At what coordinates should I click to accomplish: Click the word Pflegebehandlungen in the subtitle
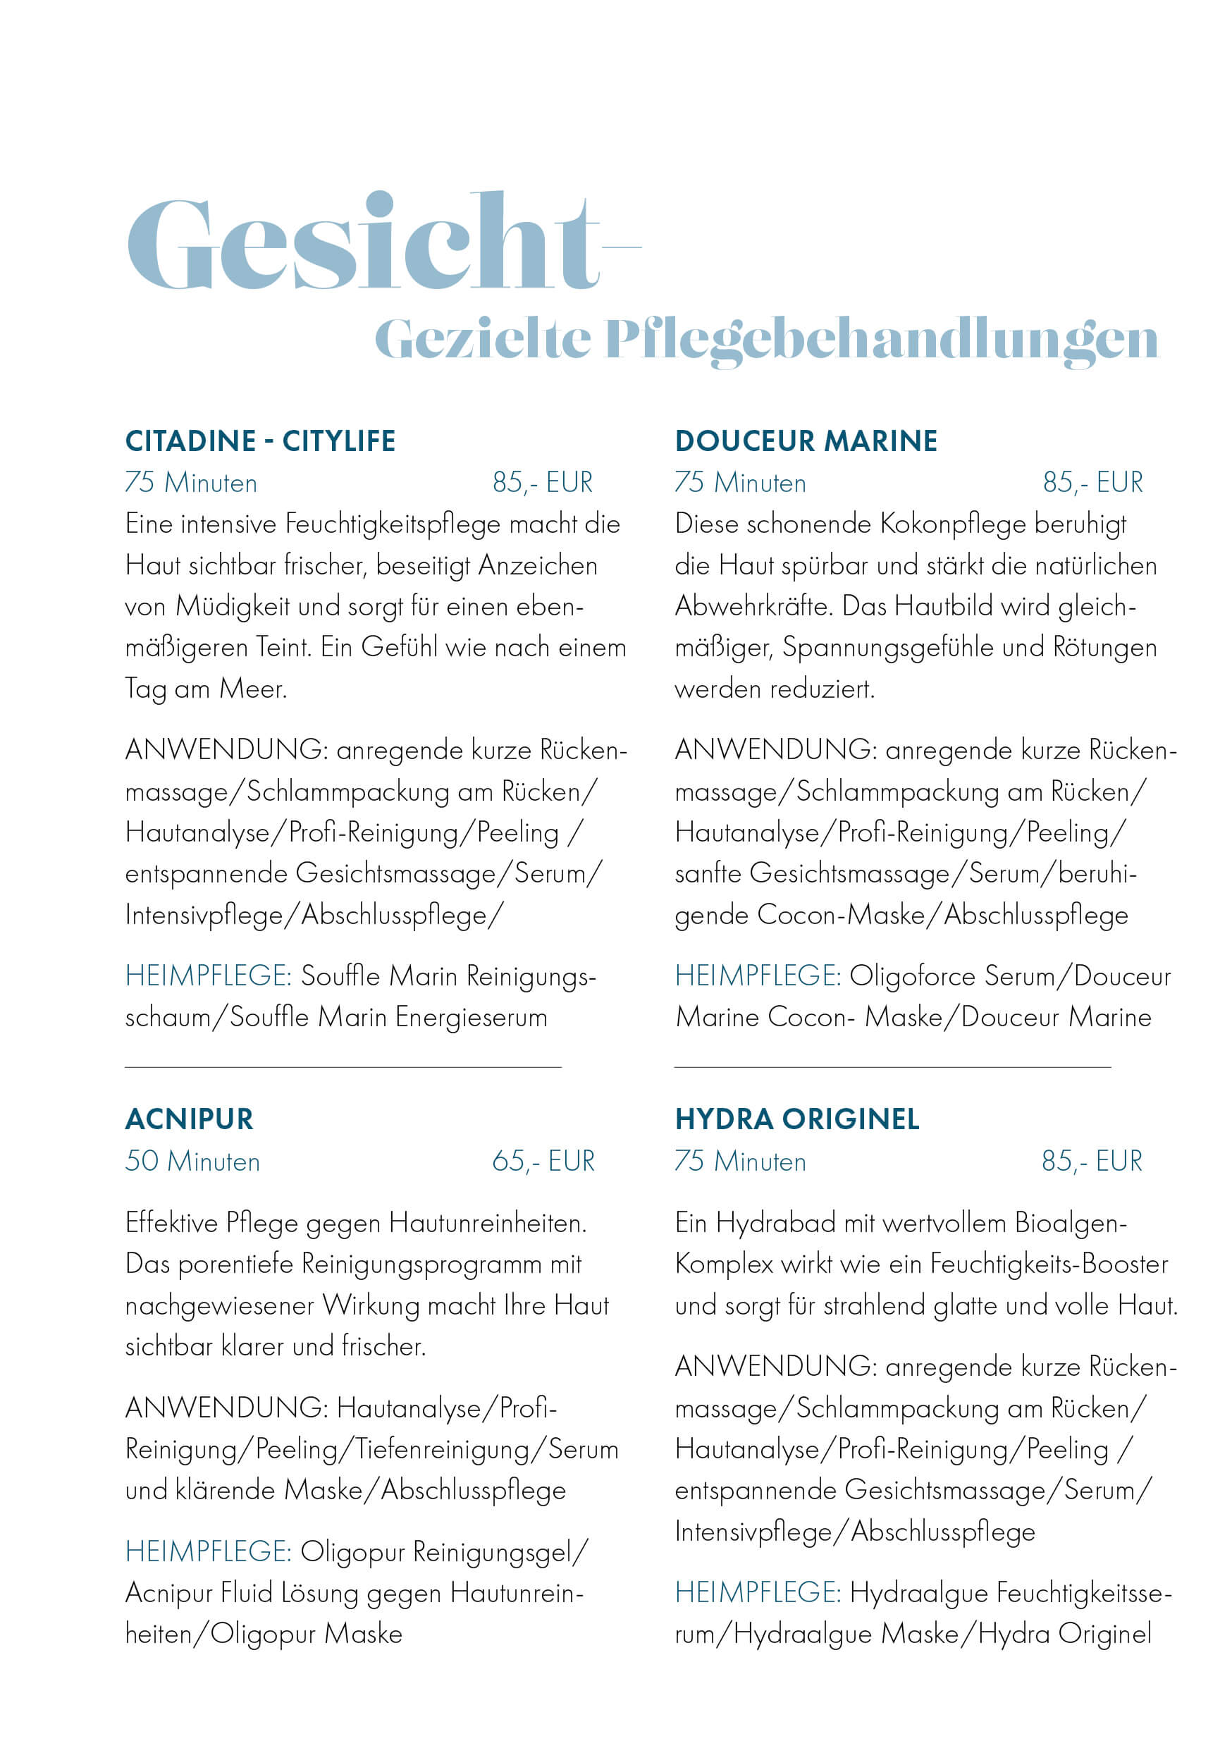click(881, 340)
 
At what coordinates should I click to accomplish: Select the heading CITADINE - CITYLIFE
click(260, 441)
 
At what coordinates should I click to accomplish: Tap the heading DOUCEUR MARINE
click(806, 441)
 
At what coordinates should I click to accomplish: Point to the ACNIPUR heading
click(189, 1119)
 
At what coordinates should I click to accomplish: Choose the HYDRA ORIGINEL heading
click(797, 1119)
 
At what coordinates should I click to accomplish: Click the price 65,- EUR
click(543, 1161)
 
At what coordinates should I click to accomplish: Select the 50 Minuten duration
click(192, 1161)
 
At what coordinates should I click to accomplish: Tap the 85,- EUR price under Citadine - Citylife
click(542, 482)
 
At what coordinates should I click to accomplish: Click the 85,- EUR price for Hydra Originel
click(1092, 1161)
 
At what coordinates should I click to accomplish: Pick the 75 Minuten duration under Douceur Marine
click(740, 482)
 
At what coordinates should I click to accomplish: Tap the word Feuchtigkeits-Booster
click(1049, 1264)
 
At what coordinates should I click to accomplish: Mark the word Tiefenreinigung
click(443, 1449)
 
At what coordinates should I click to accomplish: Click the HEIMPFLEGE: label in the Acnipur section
click(209, 1551)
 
